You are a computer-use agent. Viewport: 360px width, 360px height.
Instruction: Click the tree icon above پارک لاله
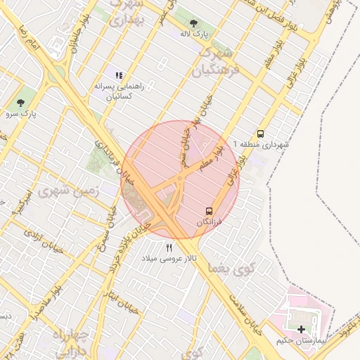(193, 22)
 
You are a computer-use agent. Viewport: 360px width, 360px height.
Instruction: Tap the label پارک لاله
(193, 33)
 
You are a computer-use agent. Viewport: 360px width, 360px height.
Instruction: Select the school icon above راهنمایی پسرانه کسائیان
(118, 75)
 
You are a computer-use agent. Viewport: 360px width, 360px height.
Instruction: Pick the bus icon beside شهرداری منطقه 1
(261, 133)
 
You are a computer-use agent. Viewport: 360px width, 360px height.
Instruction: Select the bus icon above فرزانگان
(208, 210)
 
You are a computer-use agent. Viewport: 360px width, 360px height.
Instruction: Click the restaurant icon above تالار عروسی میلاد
(169, 247)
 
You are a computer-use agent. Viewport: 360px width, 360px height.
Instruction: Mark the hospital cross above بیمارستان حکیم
(302, 329)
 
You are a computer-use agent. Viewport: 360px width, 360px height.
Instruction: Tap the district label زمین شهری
(79, 191)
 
